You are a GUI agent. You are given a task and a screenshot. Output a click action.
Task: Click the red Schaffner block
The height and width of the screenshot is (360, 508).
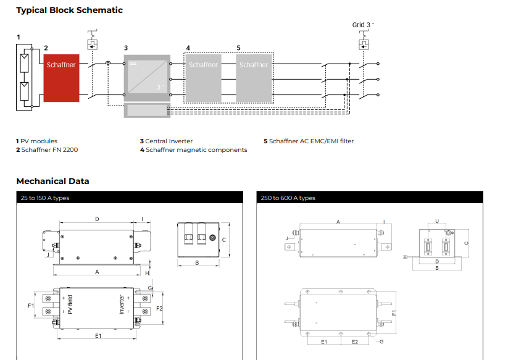[61, 77]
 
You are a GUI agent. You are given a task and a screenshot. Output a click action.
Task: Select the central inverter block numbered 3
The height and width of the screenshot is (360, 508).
[146, 78]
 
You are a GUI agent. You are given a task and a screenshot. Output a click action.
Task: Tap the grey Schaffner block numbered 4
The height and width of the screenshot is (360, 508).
[203, 78]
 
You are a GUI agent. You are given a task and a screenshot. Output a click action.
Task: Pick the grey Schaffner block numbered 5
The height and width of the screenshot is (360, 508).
[254, 78]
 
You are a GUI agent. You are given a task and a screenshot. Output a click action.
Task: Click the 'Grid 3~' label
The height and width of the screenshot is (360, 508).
[363, 25]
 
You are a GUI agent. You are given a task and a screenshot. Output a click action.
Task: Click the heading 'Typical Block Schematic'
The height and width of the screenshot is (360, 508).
[69, 10]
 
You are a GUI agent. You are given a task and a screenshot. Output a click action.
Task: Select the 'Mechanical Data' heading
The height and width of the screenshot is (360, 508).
[52, 181]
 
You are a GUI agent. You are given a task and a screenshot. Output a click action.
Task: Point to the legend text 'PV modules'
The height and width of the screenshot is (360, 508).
[39, 141]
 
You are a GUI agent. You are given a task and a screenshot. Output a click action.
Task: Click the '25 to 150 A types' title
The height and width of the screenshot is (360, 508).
[44, 198]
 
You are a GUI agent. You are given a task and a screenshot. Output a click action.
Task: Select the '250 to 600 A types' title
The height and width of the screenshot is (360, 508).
[288, 198]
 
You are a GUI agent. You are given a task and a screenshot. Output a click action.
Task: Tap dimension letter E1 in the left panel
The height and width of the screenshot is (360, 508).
[98, 335]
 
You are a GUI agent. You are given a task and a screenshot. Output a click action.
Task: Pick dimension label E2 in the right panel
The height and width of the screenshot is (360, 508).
[355, 341]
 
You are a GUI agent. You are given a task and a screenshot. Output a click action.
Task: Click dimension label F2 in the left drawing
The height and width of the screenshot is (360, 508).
[159, 308]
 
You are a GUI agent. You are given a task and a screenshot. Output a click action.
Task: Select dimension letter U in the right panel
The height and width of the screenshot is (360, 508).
[437, 220]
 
